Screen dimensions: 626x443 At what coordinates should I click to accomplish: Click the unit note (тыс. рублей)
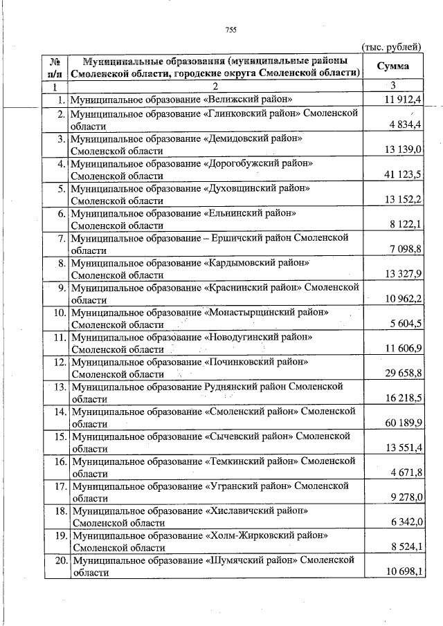click(x=391, y=47)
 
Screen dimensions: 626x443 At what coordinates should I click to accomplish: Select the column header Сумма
click(x=392, y=66)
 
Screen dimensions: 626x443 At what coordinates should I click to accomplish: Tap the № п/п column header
click(x=55, y=66)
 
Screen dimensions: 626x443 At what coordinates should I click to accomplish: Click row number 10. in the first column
click(x=60, y=313)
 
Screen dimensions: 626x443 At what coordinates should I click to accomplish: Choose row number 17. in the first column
click(x=60, y=486)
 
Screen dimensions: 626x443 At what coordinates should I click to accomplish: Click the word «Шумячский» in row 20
click(x=235, y=560)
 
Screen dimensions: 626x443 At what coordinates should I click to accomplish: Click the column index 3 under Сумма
click(x=392, y=86)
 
